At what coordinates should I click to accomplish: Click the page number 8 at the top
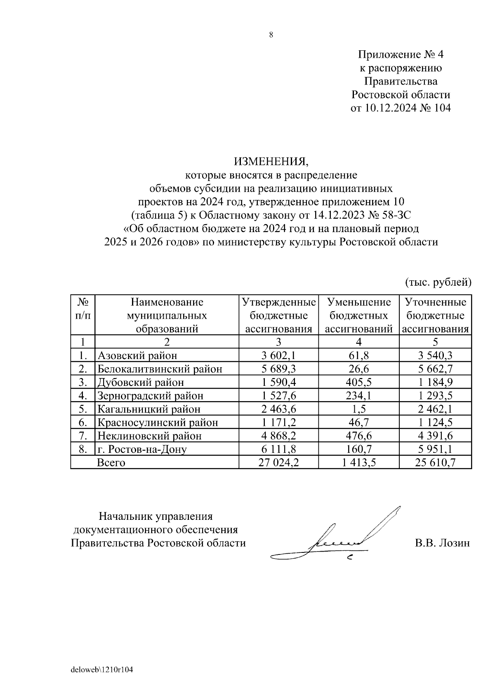pyautogui.click(x=271, y=35)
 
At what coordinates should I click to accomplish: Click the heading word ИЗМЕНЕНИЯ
pyautogui.click(x=271, y=161)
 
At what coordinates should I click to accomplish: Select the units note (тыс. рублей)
pyautogui.click(x=438, y=282)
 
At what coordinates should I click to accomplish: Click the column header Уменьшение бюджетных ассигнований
pyautogui.click(x=358, y=315)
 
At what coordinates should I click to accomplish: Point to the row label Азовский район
pyautogui.click(x=137, y=355)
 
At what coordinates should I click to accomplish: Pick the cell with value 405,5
pyautogui.click(x=358, y=382)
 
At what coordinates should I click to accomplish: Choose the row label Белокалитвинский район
pyautogui.click(x=159, y=369)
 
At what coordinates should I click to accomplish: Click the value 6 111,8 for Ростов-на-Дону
pyautogui.click(x=278, y=449)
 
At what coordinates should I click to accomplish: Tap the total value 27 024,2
pyautogui.click(x=278, y=463)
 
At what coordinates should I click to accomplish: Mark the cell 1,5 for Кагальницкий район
pyautogui.click(x=358, y=409)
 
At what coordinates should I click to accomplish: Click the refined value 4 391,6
pyautogui.click(x=435, y=436)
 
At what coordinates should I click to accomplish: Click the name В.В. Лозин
pyautogui.click(x=442, y=543)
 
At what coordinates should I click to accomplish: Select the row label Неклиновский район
pyautogui.click(x=149, y=436)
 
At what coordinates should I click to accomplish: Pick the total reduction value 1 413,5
pyautogui.click(x=358, y=463)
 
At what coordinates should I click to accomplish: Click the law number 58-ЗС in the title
pyautogui.click(x=395, y=215)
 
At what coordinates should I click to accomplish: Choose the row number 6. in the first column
pyautogui.click(x=82, y=423)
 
